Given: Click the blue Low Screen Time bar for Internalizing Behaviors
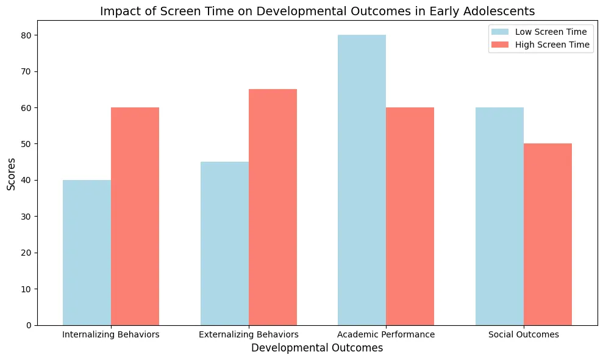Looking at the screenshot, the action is coord(87,253).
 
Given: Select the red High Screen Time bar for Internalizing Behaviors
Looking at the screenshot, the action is coord(135,217).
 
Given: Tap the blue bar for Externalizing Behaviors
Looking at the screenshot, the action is coord(224,243).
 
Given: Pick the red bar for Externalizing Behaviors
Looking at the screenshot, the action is coord(273,207).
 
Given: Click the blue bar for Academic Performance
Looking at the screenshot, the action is coord(362,180).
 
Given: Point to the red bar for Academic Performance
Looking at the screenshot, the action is coord(410,217).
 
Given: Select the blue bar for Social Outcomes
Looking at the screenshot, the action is coord(499,217).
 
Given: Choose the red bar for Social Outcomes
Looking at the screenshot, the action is coord(548,234).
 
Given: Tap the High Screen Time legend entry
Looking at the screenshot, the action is coord(540,45).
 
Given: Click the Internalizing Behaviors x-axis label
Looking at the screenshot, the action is coord(111,334).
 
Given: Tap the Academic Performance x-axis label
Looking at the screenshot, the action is coord(386,334).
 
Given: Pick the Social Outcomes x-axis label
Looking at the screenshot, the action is coord(524,334).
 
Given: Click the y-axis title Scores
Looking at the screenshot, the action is coord(12,174).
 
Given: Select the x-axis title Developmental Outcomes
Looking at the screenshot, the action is coord(317,348).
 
